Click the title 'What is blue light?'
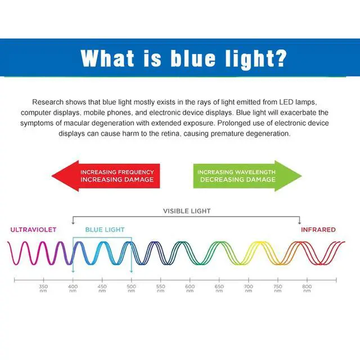pyautogui.click(x=183, y=57)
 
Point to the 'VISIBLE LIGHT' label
pyautogui.click(x=187, y=211)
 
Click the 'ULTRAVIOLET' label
pyautogui.click(x=33, y=229)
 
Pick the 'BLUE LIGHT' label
pyautogui.click(x=105, y=229)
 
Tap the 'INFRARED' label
pyautogui.click(x=318, y=229)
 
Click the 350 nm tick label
pyautogui.click(x=43, y=289)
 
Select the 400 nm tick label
pyautogui.click(x=73, y=289)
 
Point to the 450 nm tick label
pyautogui.click(x=102, y=289)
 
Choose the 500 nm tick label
pyautogui.click(x=131, y=289)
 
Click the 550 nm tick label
pyautogui.click(x=160, y=289)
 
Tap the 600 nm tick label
pyautogui.click(x=190, y=289)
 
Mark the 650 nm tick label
pyautogui.click(x=219, y=289)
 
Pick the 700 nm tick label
pyautogui.click(x=249, y=289)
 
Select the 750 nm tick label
pyautogui.click(x=278, y=289)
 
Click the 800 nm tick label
pyautogui.click(x=307, y=289)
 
